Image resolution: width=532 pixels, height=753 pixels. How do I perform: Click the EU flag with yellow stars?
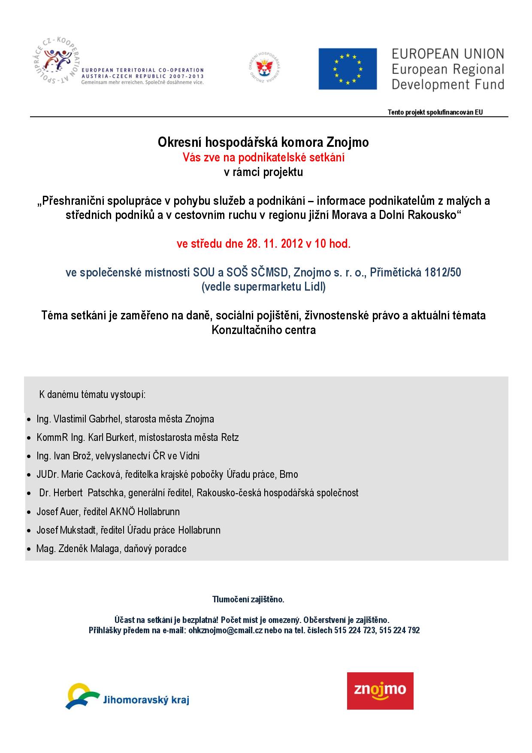[x=348, y=69]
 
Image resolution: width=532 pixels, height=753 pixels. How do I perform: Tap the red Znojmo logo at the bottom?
[x=380, y=690]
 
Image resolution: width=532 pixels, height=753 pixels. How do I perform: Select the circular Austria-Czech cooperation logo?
[x=58, y=64]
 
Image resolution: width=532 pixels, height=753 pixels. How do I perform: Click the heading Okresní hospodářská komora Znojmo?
[x=263, y=143]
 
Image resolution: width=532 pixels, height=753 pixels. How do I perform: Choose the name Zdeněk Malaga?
[x=87, y=549]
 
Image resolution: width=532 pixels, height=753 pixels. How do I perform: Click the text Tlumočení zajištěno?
[x=248, y=599]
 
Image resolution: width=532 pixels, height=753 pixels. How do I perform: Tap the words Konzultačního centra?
[x=264, y=330]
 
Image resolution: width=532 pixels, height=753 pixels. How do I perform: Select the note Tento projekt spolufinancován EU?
[x=435, y=112]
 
